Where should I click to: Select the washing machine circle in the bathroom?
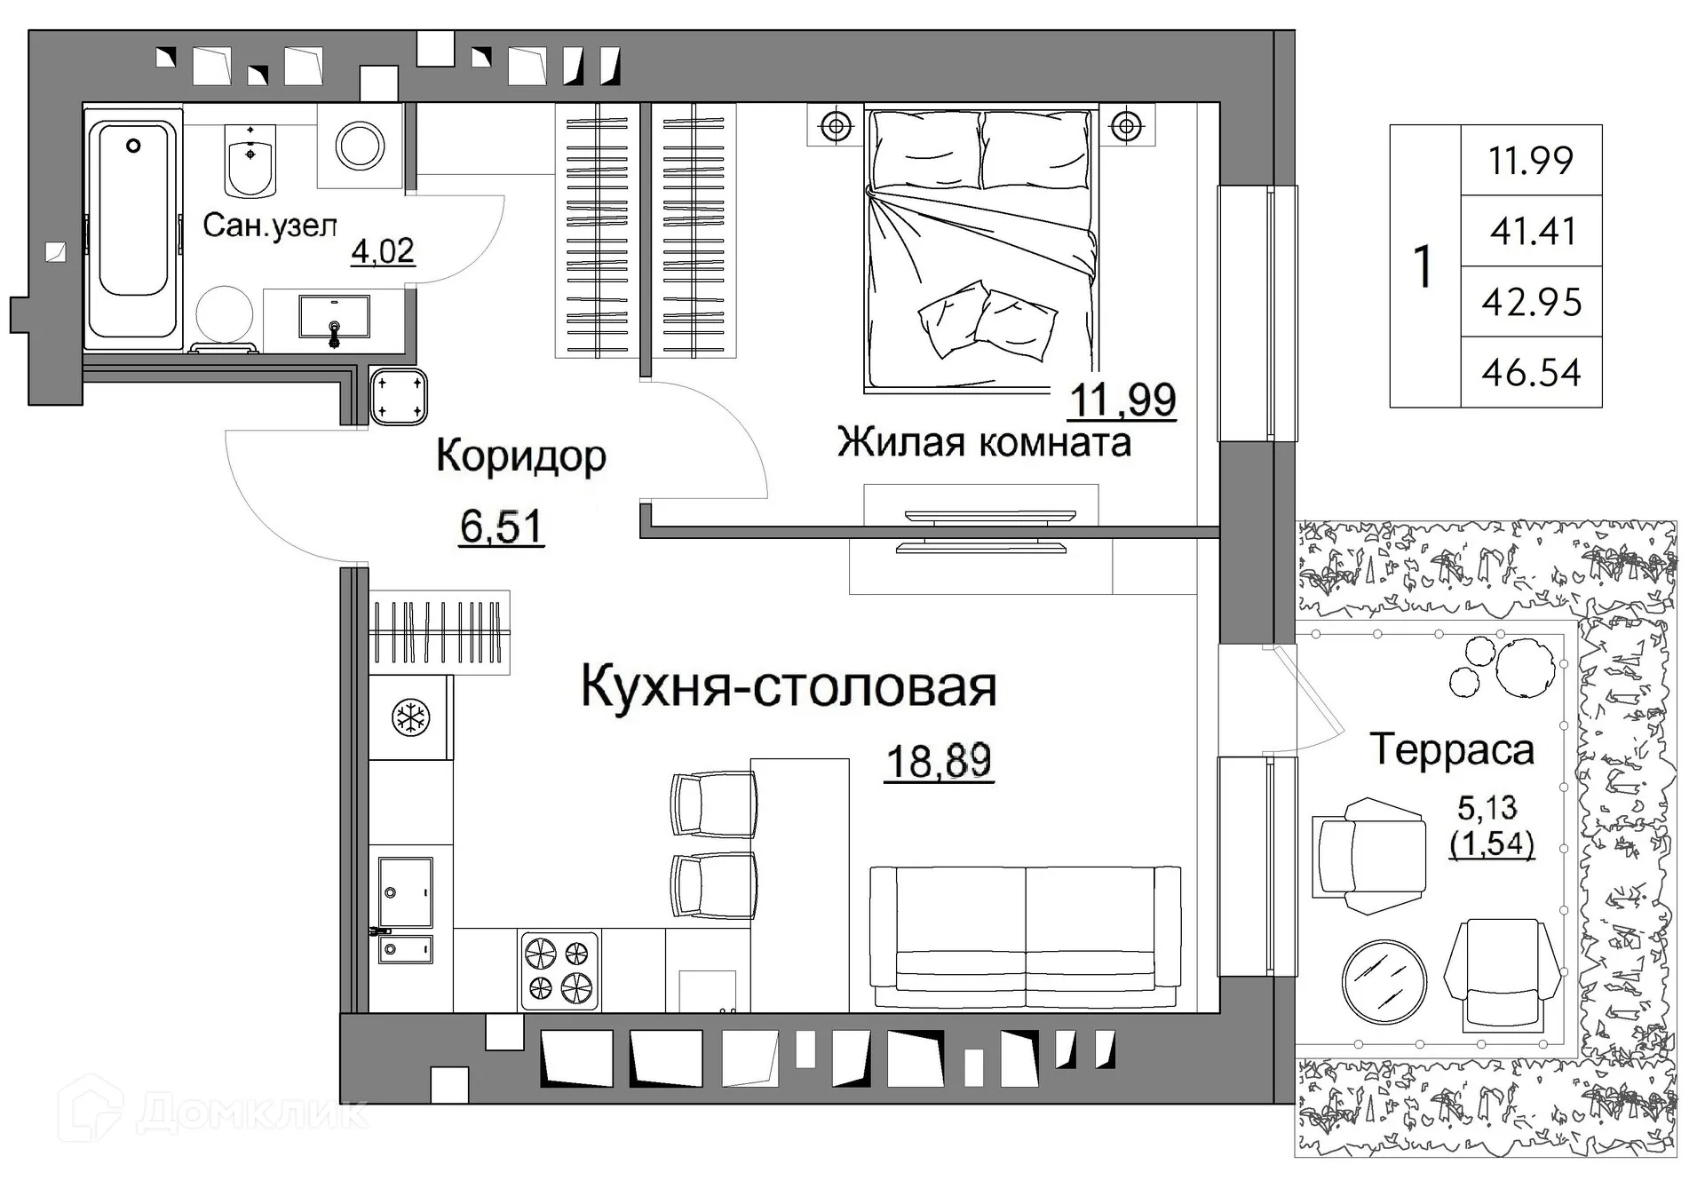pos(361,145)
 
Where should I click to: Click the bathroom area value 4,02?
pos(383,251)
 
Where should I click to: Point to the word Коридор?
pos(521,456)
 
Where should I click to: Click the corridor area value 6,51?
pos(501,527)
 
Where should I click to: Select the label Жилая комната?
pos(984,442)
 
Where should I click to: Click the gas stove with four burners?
pos(559,970)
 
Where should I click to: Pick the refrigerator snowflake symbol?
pos(411,717)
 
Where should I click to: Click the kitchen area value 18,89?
pos(939,761)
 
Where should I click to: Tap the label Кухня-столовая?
pos(789,686)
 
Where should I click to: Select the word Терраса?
pos(1452,749)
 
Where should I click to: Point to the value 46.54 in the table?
pos(1531,372)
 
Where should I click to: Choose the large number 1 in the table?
pos(1423,265)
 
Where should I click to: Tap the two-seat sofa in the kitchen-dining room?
pos(1025,938)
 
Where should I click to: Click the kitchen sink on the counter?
pos(405,892)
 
